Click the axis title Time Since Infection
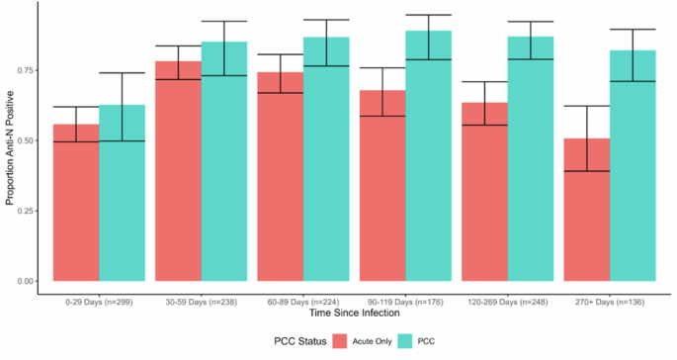click(353, 313)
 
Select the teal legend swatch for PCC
click(424, 341)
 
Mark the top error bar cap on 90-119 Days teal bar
click(428, 15)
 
